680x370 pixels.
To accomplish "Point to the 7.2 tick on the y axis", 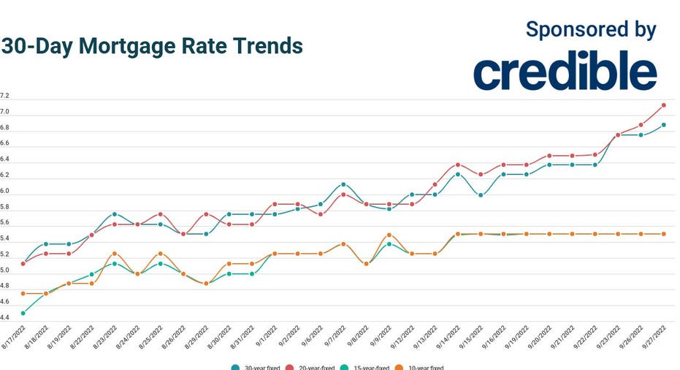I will tap(4, 96).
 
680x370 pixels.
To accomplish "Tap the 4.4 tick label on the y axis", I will tap(4, 317).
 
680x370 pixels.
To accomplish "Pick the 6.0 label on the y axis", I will tap(4, 191).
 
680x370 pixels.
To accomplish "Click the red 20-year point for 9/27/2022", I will tap(663, 105).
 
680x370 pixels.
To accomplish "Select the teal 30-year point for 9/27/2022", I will tap(663, 125).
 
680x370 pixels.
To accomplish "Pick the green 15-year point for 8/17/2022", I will tap(23, 313).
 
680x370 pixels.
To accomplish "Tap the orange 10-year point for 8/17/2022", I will tap(23, 293).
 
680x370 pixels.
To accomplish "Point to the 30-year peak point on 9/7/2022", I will tap(343, 184).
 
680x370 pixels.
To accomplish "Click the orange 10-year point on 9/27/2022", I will tap(663, 234).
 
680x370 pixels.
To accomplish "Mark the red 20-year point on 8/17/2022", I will tap(23, 264).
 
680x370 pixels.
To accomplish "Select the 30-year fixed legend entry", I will tap(256, 368).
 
